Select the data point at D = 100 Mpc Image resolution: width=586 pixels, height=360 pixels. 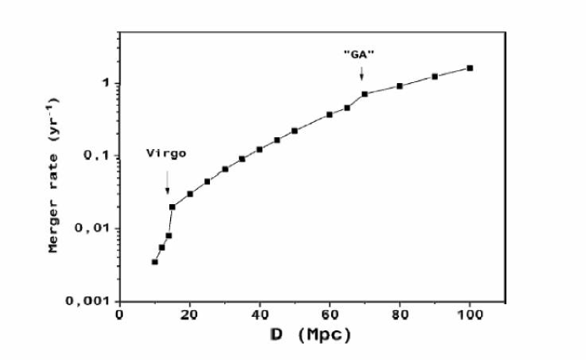point(470,68)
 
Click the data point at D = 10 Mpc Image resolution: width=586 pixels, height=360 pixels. point(155,262)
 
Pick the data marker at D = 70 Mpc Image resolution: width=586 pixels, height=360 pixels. point(365,94)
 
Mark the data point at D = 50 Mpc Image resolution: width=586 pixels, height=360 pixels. point(295,130)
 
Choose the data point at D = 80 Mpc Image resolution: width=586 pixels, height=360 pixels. point(400,86)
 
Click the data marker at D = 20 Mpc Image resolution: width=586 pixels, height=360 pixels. point(191,194)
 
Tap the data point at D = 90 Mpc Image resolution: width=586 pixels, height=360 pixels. point(434,76)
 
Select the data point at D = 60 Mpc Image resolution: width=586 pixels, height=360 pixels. point(329,114)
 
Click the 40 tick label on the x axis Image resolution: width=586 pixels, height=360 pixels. point(259,315)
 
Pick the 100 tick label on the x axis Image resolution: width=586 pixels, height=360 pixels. point(469,315)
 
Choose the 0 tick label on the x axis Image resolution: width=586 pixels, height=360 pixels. point(120,315)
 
